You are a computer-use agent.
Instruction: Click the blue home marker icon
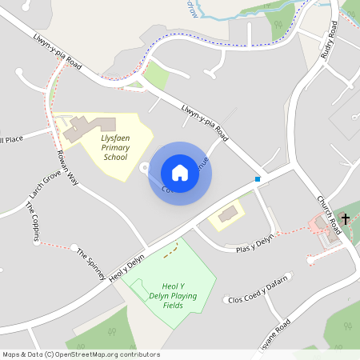point(180,173)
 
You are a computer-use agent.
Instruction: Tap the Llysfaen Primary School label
point(115,147)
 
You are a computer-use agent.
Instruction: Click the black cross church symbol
point(346,218)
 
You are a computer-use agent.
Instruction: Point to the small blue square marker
point(258,179)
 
